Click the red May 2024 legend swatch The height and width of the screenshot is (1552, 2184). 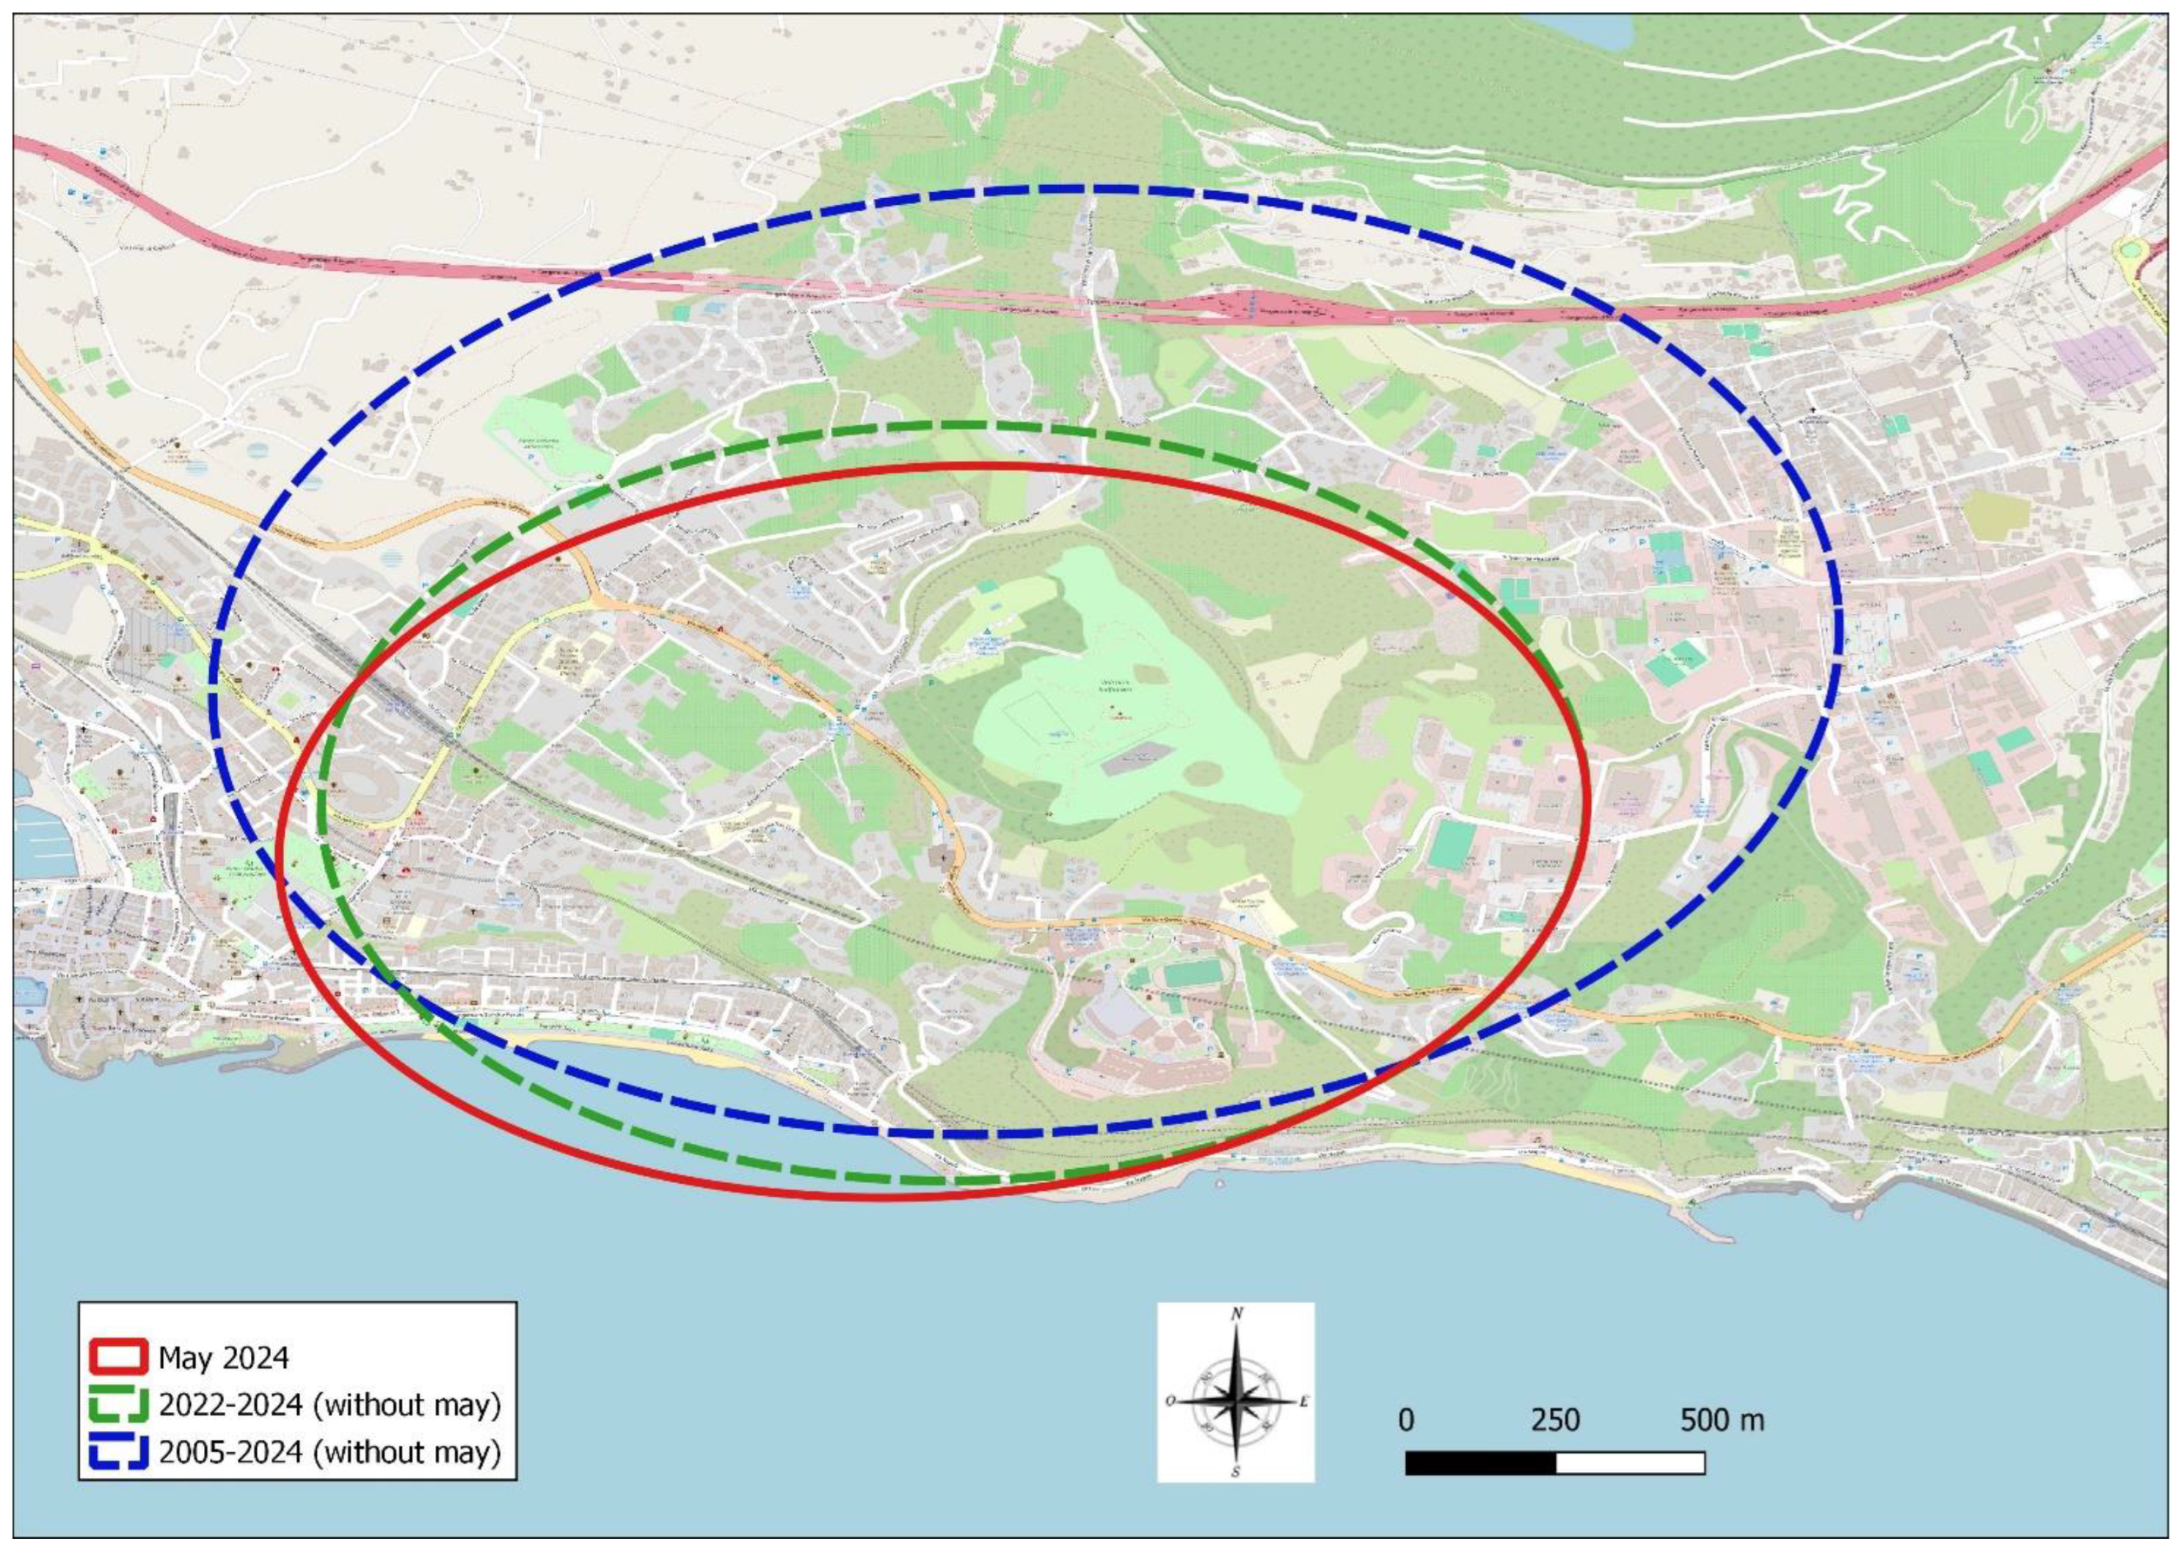click(x=118, y=1357)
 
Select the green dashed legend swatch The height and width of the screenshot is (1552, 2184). click(x=118, y=1404)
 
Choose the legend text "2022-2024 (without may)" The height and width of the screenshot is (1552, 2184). click(x=330, y=1405)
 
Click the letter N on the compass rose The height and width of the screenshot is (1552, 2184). click(x=1237, y=1314)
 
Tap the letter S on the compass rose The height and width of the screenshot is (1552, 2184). click(x=1236, y=1472)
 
